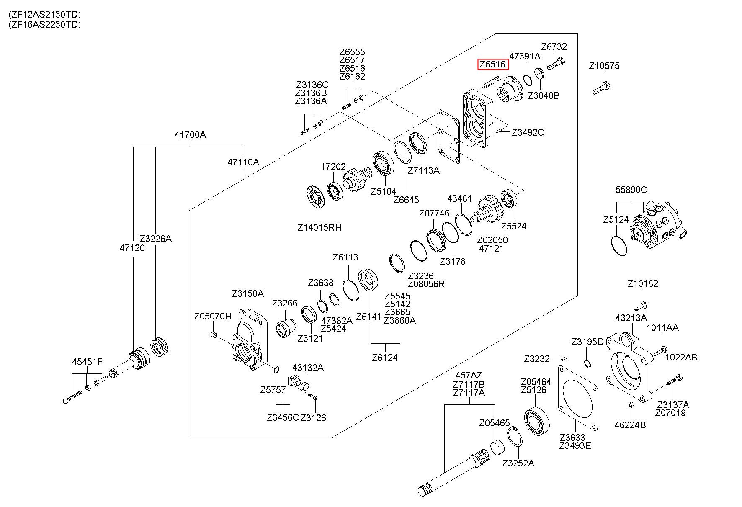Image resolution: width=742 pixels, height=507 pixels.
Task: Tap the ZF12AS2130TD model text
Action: pyautogui.click(x=44, y=14)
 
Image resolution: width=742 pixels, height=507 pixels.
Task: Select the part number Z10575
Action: pyautogui.click(x=604, y=66)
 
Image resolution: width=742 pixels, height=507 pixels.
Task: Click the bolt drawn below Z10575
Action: pyautogui.click(x=602, y=88)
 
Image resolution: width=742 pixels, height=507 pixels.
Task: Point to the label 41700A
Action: pyautogui.click(x=190, y=135)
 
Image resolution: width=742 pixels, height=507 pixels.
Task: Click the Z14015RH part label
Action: pyautogui.click(x=319, y=228)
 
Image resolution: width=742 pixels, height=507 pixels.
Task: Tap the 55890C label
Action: pyautogui.click(x=631, y=190)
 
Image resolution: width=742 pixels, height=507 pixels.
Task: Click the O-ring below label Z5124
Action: pyautogui.click(x=620, y=246)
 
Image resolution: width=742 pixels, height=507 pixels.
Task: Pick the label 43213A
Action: pyautogui.click(x=631, y=318)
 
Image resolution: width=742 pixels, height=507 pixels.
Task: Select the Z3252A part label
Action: pyautogui.click(x=518, y=463)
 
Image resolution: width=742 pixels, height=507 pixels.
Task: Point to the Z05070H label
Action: pyautogui.click(x=212, y=316)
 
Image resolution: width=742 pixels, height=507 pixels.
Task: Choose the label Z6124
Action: pyautogui.click(x=385, y=358)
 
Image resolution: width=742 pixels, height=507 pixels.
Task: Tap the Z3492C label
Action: pyautogui.click(x=528, y=133)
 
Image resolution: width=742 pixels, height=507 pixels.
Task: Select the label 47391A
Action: pyautogui.click(x=525, y=56)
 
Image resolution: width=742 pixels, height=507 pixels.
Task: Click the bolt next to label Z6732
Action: pyautogui.click(x=556, y=64)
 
